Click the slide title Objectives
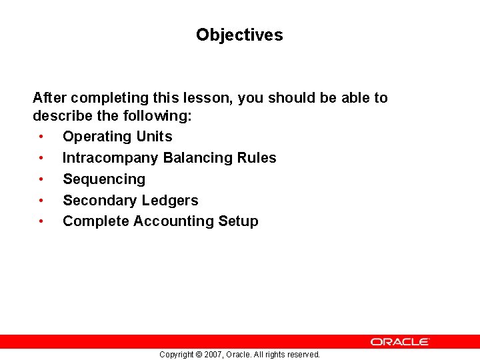pos(239,35)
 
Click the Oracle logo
pos(400,341)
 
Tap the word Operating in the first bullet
pos(96,137)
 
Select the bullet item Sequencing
pos(103,179)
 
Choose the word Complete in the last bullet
pos(95,221)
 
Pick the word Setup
pos(238,221)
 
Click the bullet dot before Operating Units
pos(41,137)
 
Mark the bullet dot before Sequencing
pos(41,179)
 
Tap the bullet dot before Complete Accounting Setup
pos(41,221)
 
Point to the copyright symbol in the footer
pos(198,355)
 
